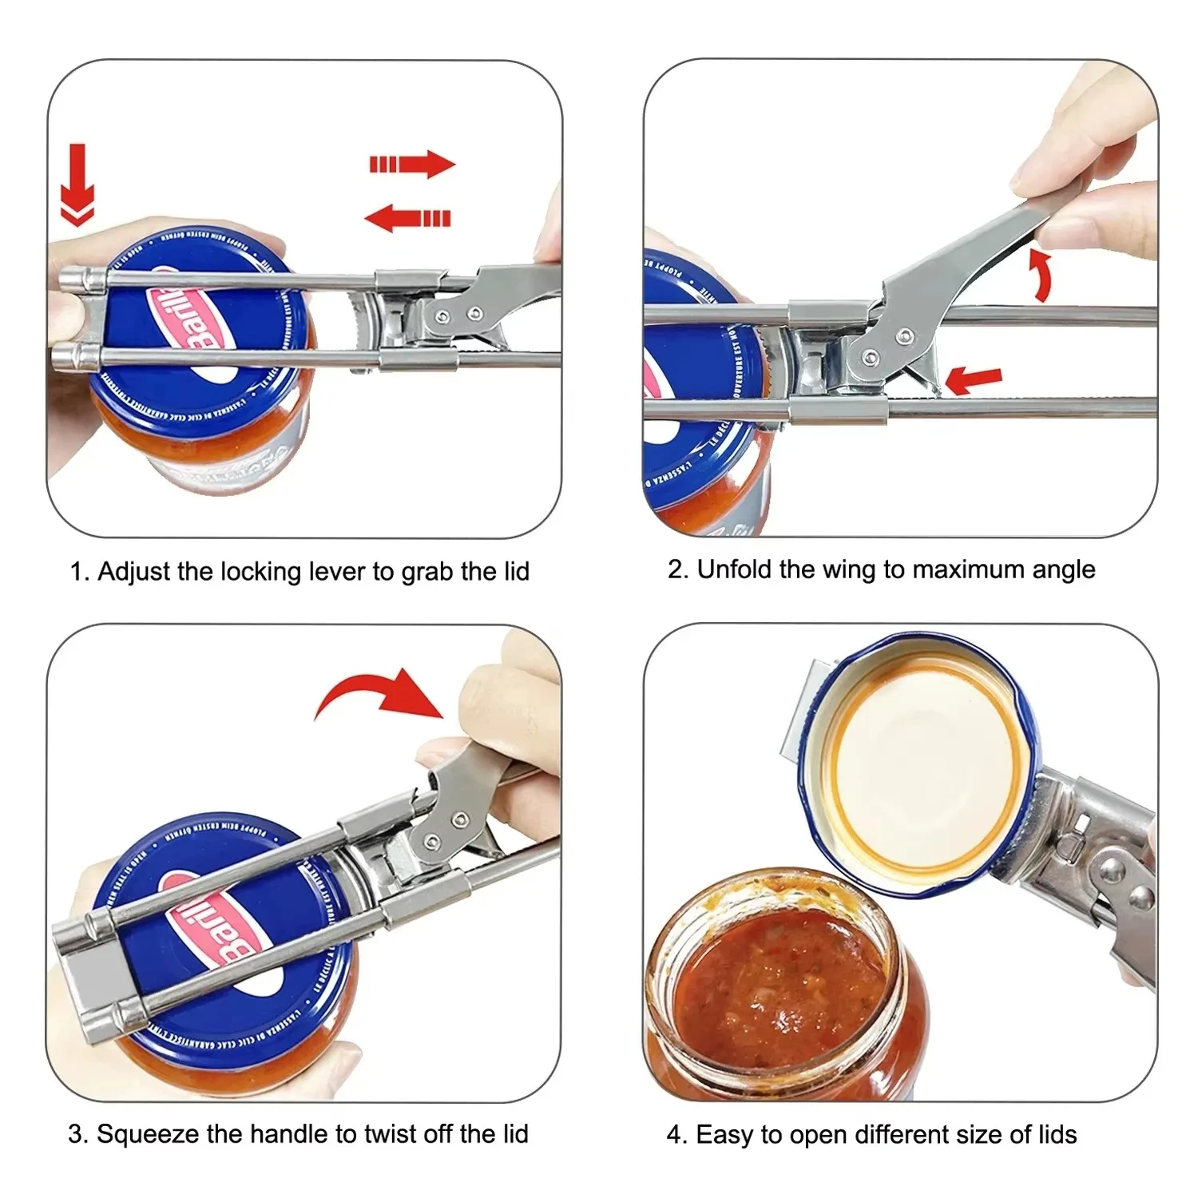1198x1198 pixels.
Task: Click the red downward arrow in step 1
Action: click(x=77, y=185)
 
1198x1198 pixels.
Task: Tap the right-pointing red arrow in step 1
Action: click(x=412, y=165)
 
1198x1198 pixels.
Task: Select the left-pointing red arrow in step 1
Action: click(x=407, y=217)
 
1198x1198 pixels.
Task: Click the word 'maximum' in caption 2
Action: click(x=964, y=569)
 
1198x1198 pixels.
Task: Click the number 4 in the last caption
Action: click(x=673, y=1134)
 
